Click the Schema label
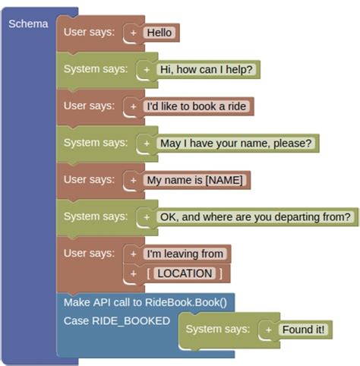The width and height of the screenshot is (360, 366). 28,24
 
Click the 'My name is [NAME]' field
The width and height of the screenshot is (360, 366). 196,180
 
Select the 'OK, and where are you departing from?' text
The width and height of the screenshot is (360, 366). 255,216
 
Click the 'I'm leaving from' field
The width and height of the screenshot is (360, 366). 186,254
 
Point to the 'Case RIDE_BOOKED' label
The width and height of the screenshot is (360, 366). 116,320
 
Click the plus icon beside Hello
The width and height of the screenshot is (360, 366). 134,33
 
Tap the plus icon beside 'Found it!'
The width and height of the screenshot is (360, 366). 269,330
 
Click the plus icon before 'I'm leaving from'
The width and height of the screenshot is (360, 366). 134,254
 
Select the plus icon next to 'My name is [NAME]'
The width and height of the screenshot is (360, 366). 134,180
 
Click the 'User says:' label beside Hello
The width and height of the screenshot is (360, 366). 89,32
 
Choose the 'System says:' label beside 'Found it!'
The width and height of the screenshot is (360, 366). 217,329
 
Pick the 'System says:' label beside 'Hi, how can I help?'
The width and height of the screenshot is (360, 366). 96,68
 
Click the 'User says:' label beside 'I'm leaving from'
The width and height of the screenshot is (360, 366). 89,253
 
